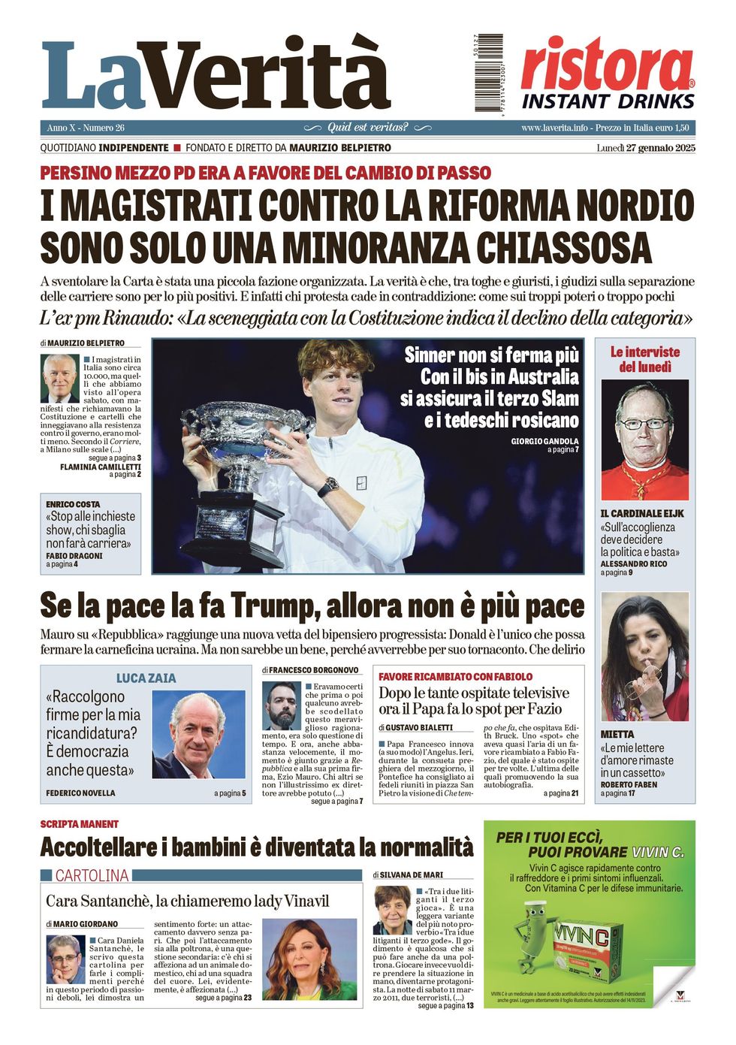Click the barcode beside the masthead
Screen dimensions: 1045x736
(488, 73)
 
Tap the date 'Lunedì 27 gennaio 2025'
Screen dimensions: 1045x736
(645, 148)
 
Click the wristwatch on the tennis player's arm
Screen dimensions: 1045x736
(327, 487)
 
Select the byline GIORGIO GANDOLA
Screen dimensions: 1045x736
(544, 441)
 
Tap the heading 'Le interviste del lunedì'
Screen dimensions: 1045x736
(644, 360)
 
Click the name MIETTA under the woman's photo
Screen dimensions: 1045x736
(617, 734)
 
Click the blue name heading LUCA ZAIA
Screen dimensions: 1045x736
(146, 678)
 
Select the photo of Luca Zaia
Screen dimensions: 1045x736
(198, 735)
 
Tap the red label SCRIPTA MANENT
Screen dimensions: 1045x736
(80, 824)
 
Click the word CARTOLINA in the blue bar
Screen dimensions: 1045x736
(92, 875)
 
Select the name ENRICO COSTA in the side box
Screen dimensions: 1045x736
(73, 504)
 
